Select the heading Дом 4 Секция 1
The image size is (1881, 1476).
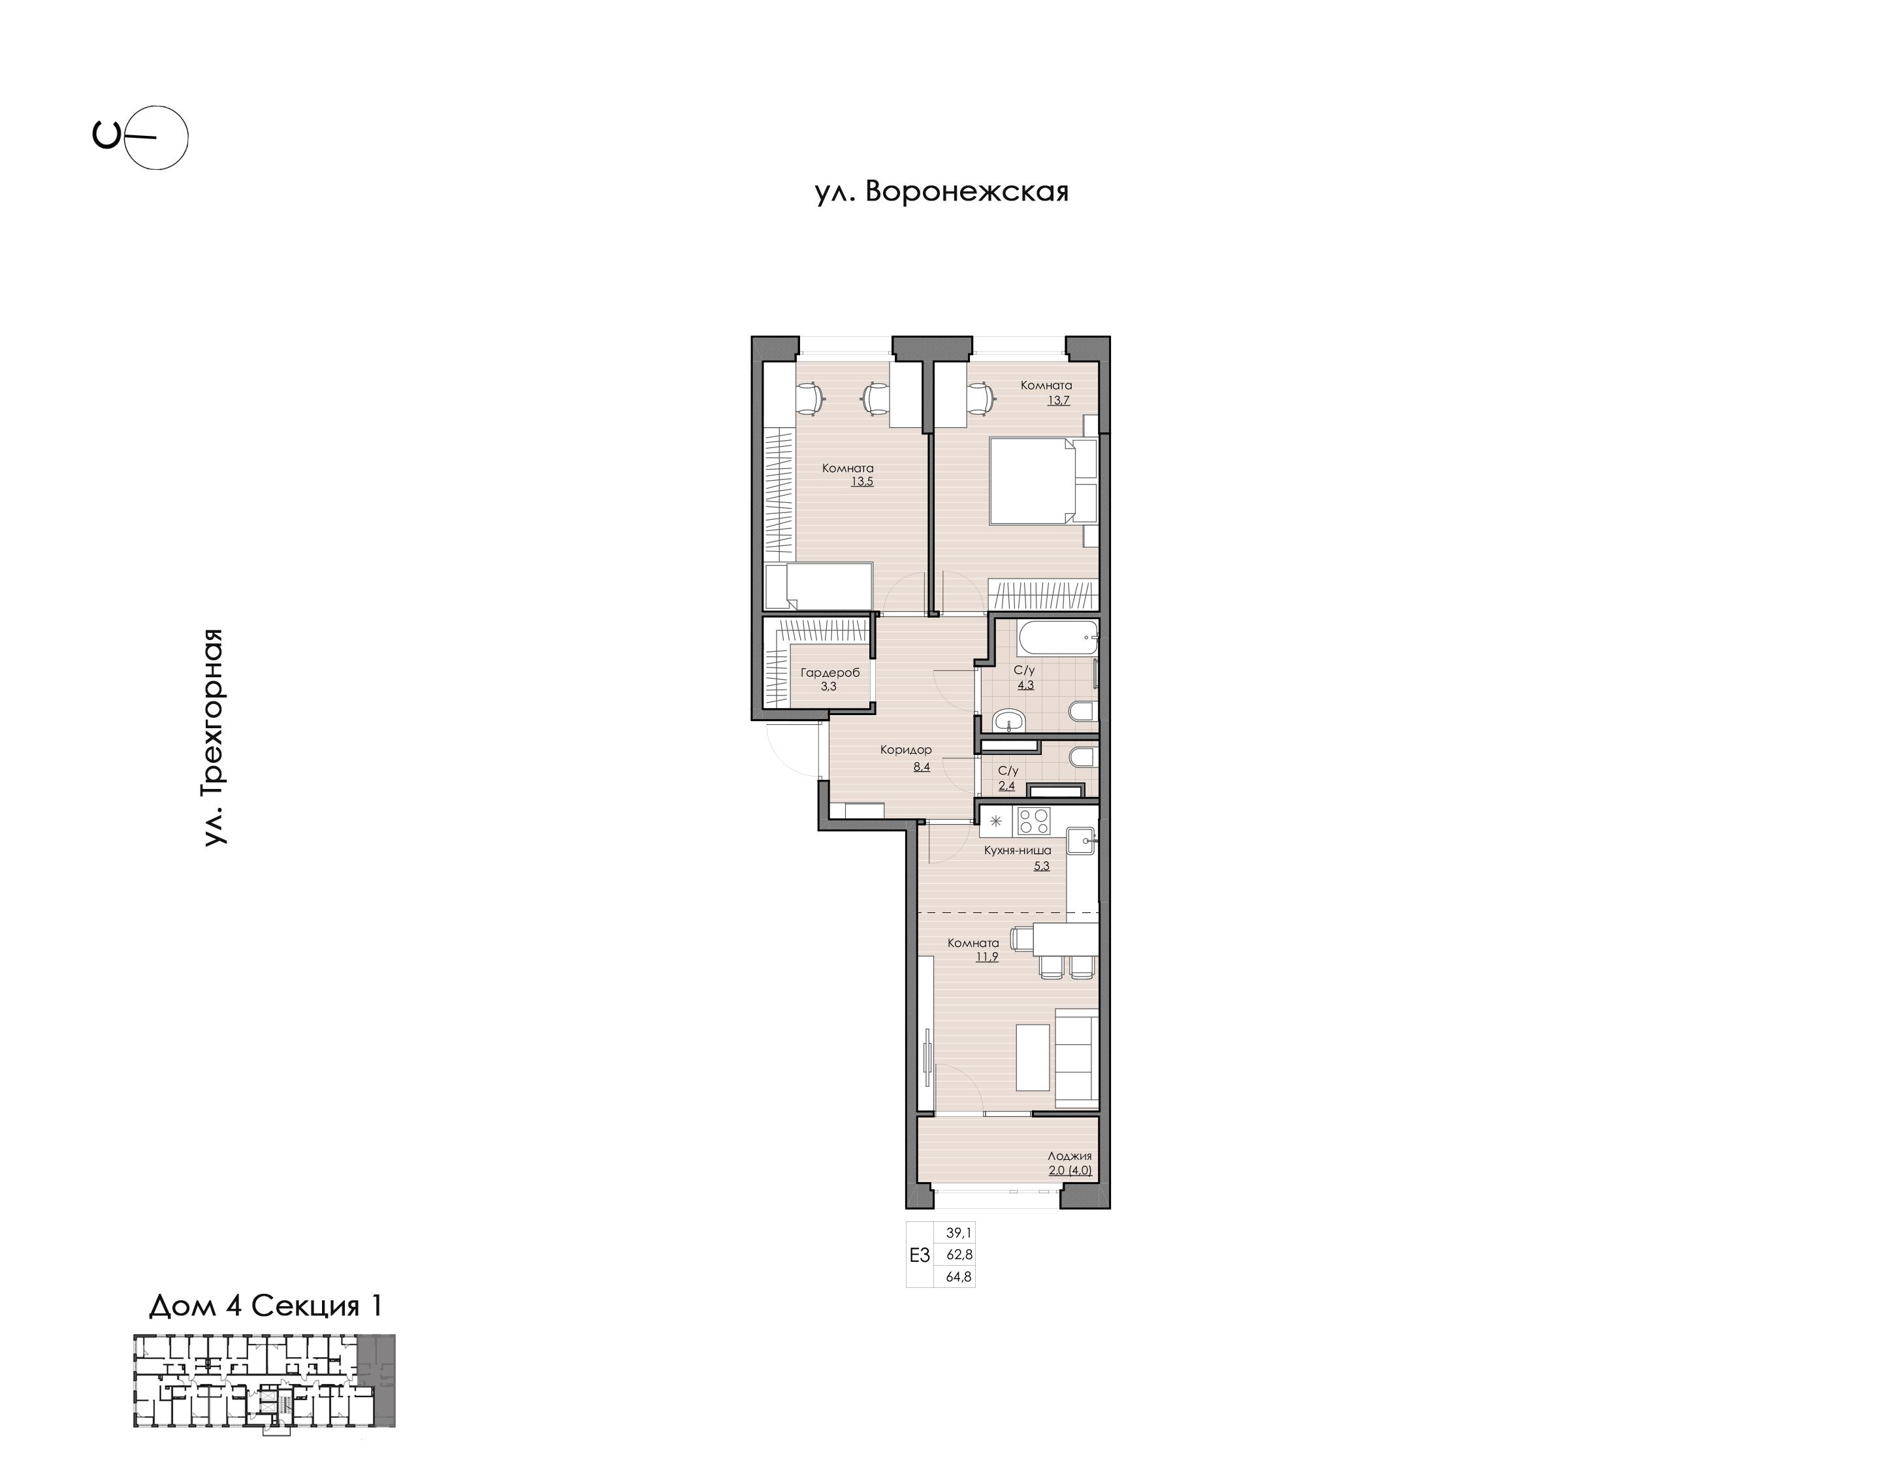pos(265,1306)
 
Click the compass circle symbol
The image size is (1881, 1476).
pos(156,137)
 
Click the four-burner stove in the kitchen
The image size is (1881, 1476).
pos(1033,820)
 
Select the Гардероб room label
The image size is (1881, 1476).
pos(830,673)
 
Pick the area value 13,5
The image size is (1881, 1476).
pos(861,481)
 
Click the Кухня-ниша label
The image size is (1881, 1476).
pos(1018,850)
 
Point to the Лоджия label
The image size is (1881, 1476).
pos(1070,1155)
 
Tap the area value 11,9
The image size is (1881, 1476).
pos(987,957)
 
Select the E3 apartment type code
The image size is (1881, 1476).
pos(920,1255)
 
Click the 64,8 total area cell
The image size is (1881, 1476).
pos(959,1276)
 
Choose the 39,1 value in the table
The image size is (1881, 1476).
pos(959,1233)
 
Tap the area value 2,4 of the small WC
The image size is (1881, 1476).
pos(1006,786)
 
